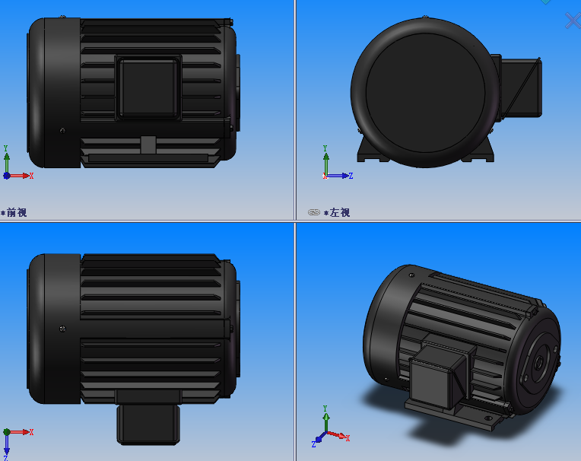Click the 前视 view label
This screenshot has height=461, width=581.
coord(16,212)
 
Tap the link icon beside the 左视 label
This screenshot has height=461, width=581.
coord(313,212)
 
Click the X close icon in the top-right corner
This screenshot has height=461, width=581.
coord(573,21)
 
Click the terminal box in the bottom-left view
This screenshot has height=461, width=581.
coord(148,423)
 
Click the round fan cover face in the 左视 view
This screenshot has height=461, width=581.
coord(425,91)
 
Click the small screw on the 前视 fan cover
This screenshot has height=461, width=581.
coord(62,130)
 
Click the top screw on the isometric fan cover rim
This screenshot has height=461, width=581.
coord(411,267)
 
